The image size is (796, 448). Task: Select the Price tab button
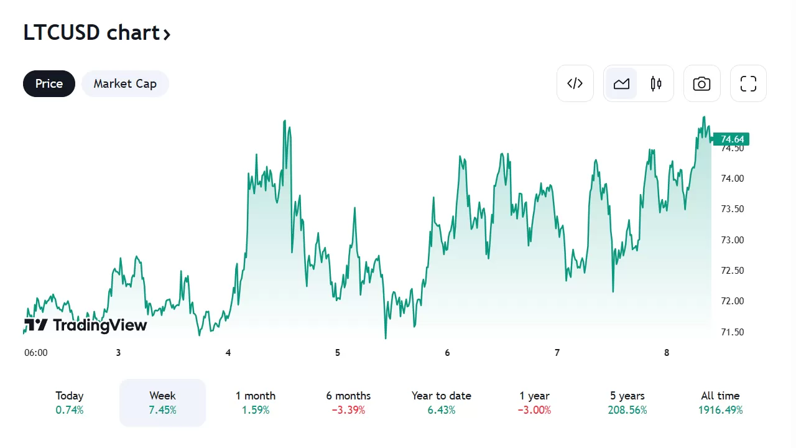pyautogui.click(x=49, y=84)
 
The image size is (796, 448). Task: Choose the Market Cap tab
pyautogui.click(x=125, y=84)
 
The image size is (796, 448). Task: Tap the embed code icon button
pyautogui.click(x=575, y=83)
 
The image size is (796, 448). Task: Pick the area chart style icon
pyautogui.click(x=621, y=83)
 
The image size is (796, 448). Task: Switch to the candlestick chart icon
pyautogui.click(x=656, y=83)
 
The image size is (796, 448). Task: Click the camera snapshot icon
pyautogui.click(x=701, y=83)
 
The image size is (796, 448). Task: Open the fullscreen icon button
pyautogui.click(x=748, y=83)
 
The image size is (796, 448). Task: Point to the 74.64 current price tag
pyautogui.click(x=731, y=139)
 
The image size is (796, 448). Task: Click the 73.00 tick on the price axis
pyautogui.click(x=732, y=240)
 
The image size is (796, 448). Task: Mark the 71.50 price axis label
pyautogui.click(x=732, y=332)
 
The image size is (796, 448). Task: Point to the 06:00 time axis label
pyautogui.click(x=36, y=353)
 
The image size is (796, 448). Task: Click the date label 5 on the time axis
pyautogui.click(x=338, y=353)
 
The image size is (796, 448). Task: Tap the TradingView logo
pyautogui.click(x=86, y=325)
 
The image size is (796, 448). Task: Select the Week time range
pyautogui.click(x=162, y=403)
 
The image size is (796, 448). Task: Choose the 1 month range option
pyautogui.click(x=255, y=403)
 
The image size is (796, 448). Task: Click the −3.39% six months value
pyautogui.click(x=348, y=411)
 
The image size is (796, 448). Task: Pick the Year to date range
pyautogui.click(x=441, y=403)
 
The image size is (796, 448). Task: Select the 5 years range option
pyautogui.click(x=627, y=403)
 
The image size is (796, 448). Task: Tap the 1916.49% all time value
pyautogui.click(x=720, y=411)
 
